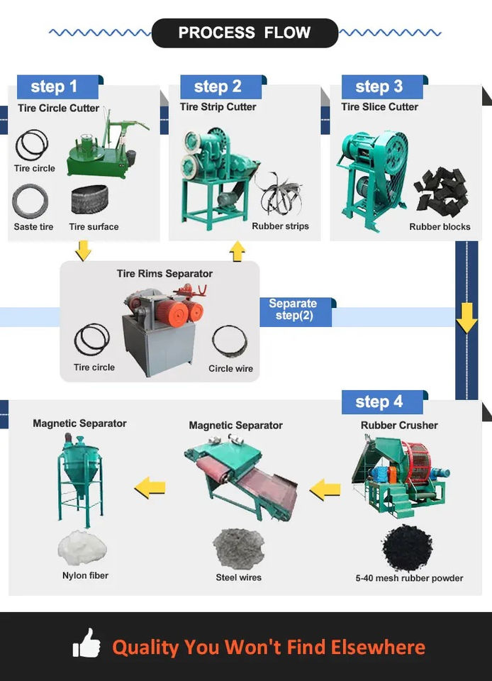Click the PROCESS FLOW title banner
(245, 33)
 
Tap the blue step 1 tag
(55, 87)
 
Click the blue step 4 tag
(380, 402)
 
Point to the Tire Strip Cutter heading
(218, 107)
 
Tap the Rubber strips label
(280, 227)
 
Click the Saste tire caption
(33, 227)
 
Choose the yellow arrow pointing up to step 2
(237, 250)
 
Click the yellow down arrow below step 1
(83, 250)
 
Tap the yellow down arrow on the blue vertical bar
(466, 319)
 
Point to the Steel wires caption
(238, 578)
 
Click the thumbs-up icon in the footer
(86, 643)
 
